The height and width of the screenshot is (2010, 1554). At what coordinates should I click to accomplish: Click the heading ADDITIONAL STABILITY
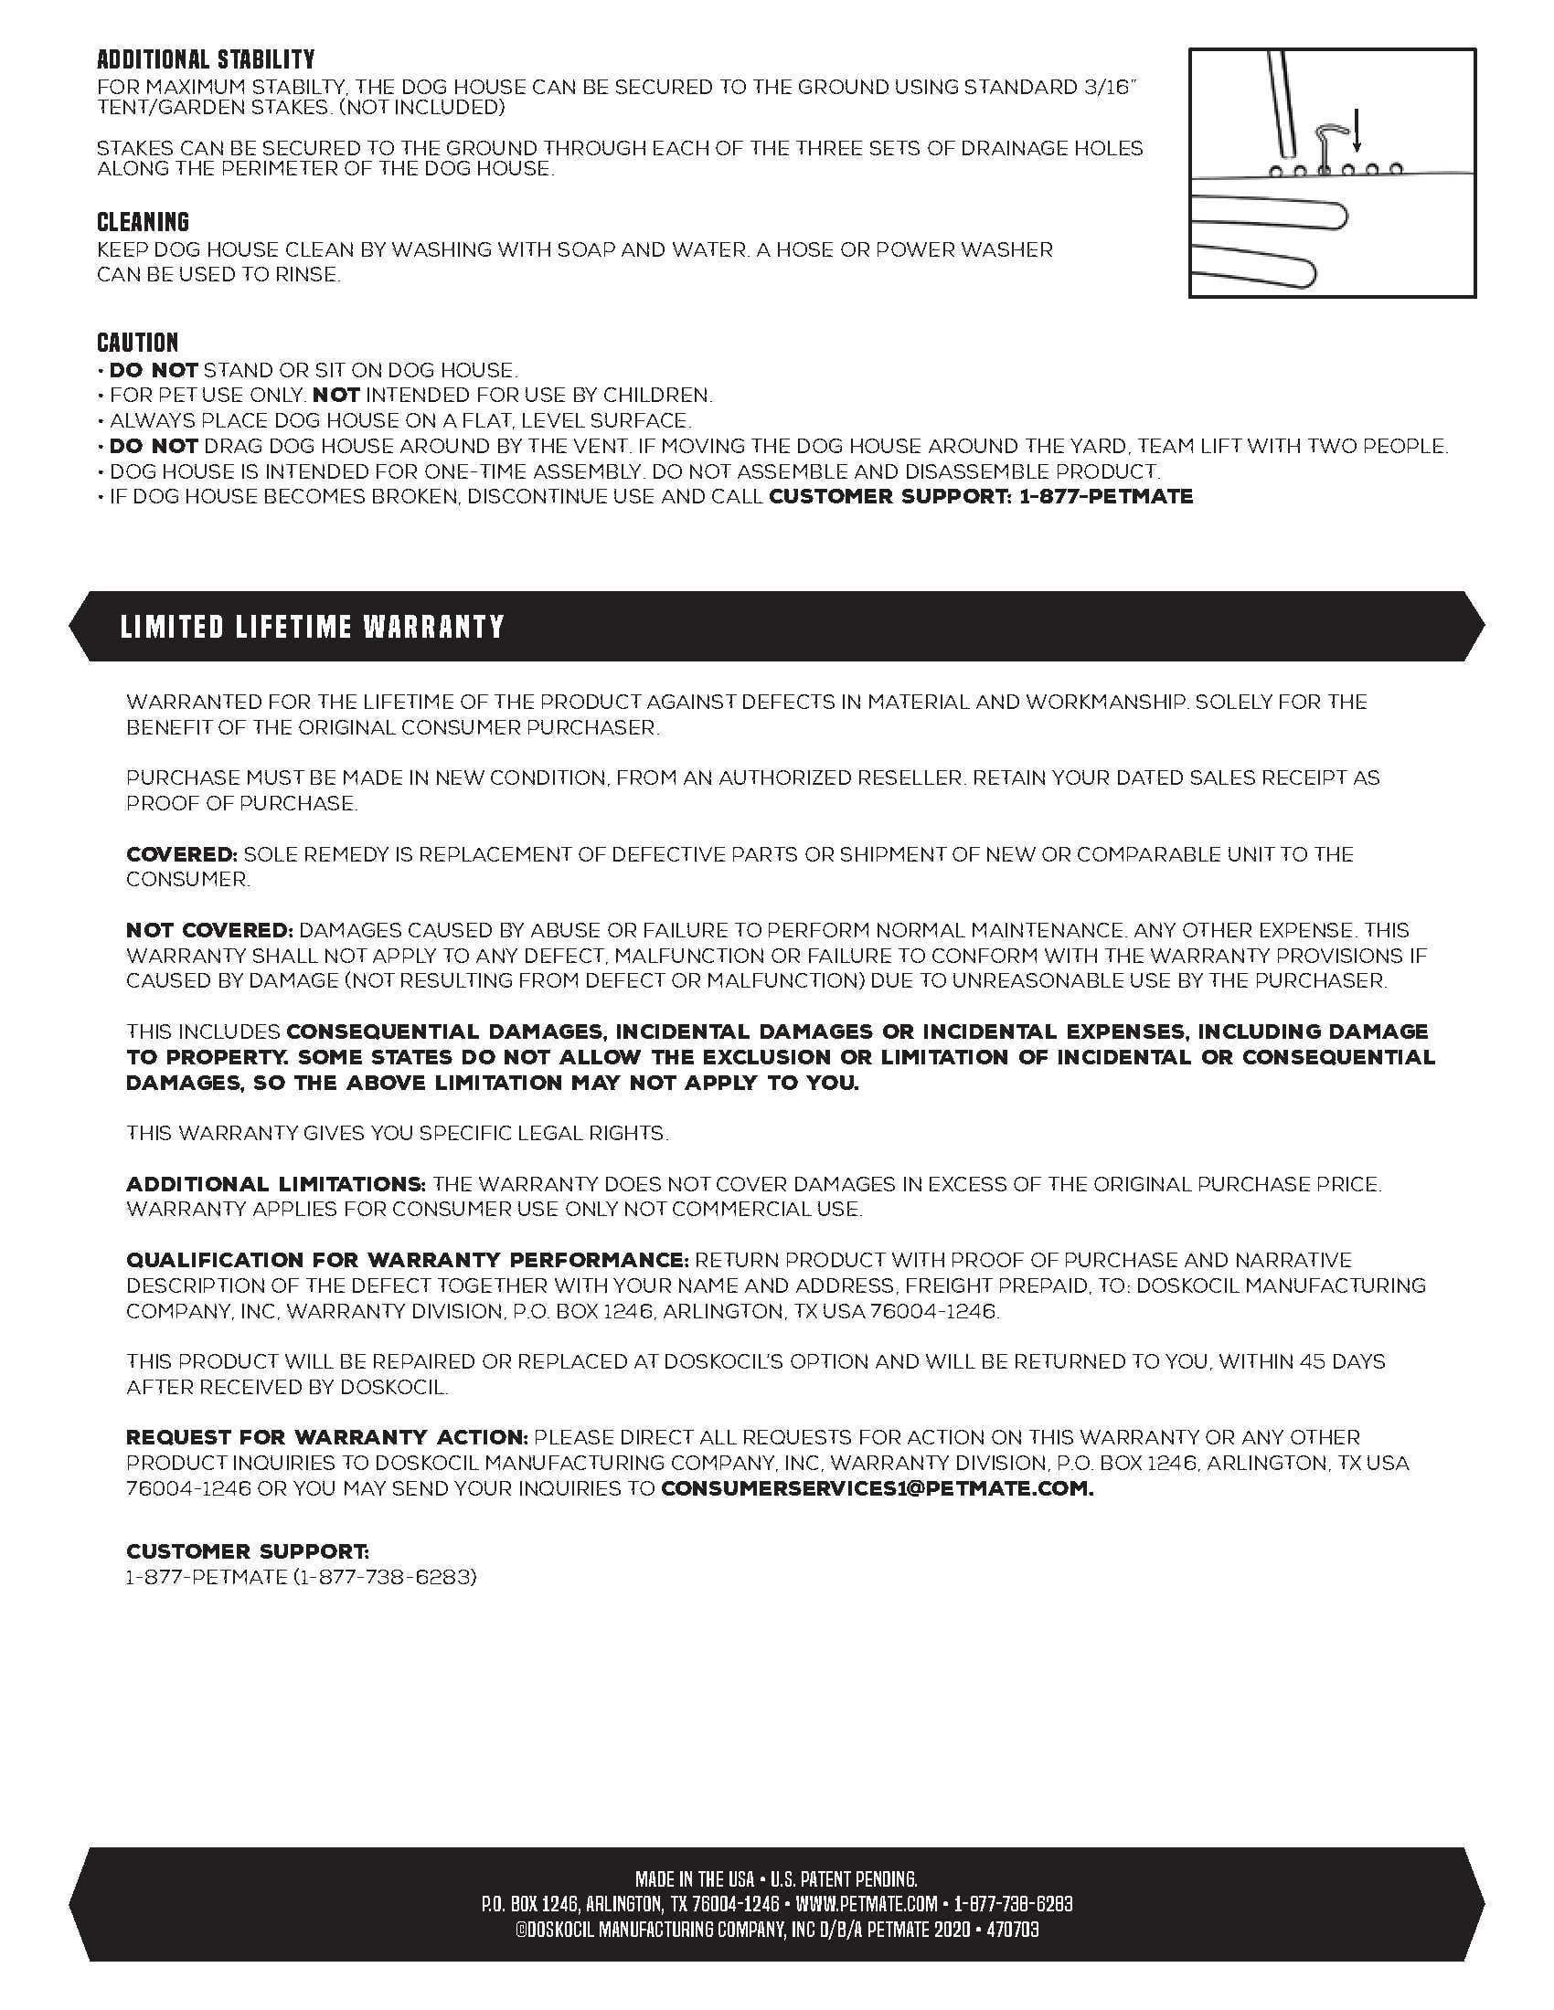click(x=206, y=59)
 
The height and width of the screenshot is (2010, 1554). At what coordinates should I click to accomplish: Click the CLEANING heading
click(x=143, y=222)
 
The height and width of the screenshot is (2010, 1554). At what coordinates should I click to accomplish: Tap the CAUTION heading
click(x=137, y=343)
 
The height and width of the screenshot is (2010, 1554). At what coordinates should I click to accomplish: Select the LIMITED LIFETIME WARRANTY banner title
click(x=312, y=627)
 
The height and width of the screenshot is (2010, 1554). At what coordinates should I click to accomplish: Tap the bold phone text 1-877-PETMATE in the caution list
click(x=1107, y=496)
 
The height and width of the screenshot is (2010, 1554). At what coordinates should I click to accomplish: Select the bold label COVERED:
click(x=181, y=854)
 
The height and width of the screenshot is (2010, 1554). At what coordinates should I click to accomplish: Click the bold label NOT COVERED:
click(x=209, y=930)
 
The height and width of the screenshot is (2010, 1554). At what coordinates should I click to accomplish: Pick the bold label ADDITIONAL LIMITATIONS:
click(x=275, y=1183)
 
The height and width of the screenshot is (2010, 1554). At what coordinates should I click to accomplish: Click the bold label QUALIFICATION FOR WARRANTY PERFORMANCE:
click(x=407, y=1260)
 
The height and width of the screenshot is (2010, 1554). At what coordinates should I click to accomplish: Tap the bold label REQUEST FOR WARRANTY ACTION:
click(x=327, y=1436)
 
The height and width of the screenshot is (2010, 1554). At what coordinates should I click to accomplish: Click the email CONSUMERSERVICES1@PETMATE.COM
click(x=877, y=1488)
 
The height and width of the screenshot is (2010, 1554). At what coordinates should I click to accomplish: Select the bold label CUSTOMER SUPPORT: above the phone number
click(x=248, y=1551)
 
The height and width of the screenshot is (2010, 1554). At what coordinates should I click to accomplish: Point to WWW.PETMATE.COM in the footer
click(x=867, y=1903)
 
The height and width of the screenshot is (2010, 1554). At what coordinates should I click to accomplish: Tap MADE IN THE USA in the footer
click(x=694, y=1878)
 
